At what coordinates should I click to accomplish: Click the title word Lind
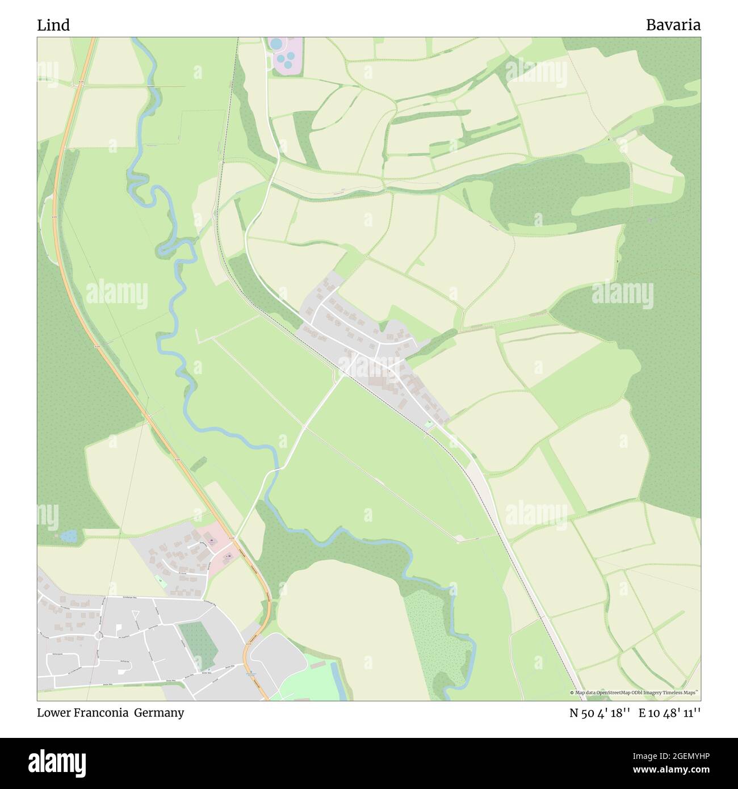pos(53,25)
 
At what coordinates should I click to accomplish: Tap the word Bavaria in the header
pos(673,25)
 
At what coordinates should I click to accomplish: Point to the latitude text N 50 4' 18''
pos(600,713)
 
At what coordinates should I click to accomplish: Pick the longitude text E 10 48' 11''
pos(669,713)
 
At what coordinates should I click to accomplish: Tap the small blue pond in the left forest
pos(69,535)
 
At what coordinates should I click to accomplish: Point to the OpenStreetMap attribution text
pos(634,693)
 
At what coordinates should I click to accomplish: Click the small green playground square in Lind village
pos(429,423)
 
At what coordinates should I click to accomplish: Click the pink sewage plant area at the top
pos(286,57)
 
